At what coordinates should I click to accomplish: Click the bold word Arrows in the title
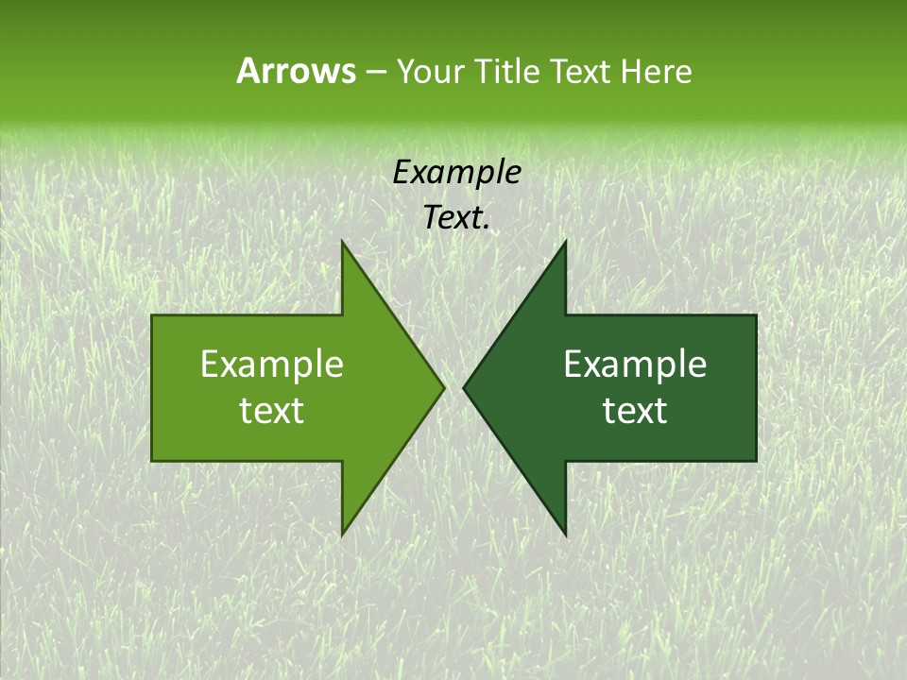295,71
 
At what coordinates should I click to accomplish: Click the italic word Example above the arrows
457,172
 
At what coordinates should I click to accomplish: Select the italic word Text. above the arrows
457,218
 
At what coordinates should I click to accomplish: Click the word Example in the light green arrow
272,365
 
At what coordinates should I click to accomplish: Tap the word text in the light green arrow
272,411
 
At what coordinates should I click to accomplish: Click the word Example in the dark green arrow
635,365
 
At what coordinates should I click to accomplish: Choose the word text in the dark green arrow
635,411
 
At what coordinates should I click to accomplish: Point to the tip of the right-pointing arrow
444,388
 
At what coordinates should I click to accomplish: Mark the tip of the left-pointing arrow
463,388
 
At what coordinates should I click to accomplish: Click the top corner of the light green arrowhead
342,241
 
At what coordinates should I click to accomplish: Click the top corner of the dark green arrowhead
566,241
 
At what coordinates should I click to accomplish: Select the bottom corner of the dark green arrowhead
566,535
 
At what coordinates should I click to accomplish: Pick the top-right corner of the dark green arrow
756,315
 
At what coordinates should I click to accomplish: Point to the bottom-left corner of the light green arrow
152,461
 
